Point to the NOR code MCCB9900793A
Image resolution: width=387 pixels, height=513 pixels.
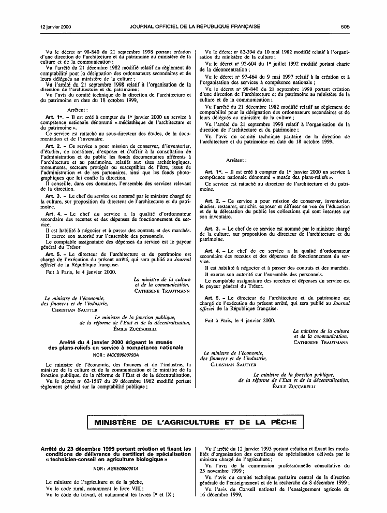[x=122, y=354]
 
